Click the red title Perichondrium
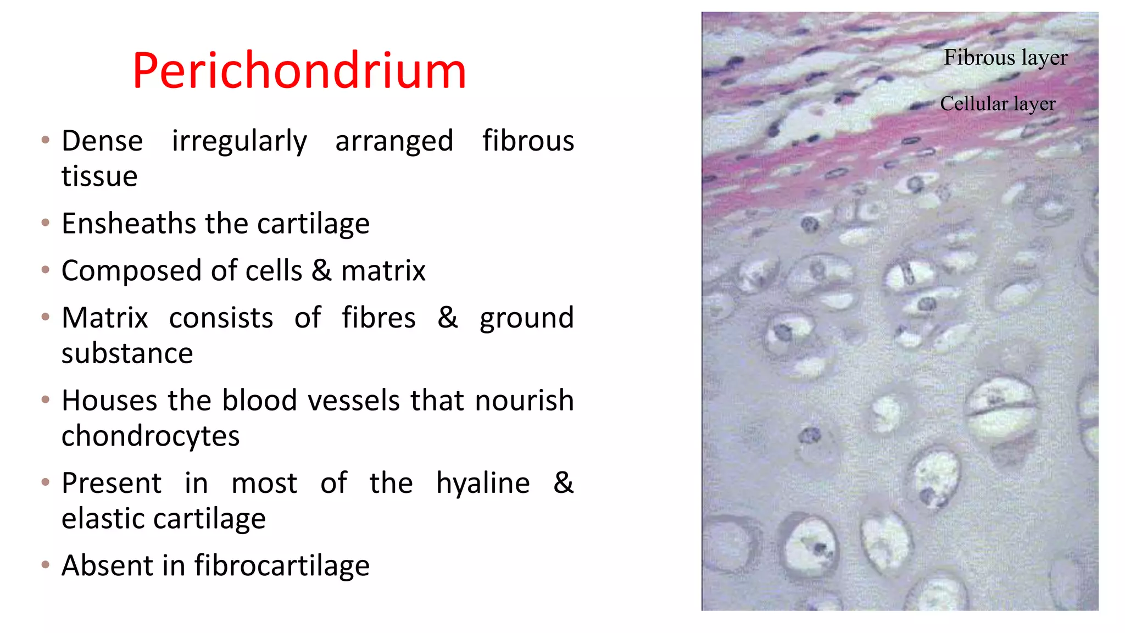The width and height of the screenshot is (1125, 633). [299, 71]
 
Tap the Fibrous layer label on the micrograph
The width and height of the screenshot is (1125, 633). [1005, 58]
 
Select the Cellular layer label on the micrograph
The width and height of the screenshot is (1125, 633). [998, 104]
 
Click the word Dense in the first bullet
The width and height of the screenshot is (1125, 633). [102, 141]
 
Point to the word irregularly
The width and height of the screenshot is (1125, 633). [239, 142]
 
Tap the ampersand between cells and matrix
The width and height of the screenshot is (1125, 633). [321, 270]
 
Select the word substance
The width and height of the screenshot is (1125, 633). [127, 353]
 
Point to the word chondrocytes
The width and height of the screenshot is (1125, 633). [151, 436]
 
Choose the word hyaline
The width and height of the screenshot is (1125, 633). [483, 484]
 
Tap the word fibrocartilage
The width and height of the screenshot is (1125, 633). [282, 565]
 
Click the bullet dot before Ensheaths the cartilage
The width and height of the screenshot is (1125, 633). [46, 223]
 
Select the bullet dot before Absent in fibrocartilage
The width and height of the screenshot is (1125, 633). [46, 564]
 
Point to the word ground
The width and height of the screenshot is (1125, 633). [527, 319]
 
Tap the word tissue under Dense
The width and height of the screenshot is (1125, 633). [99, 177]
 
